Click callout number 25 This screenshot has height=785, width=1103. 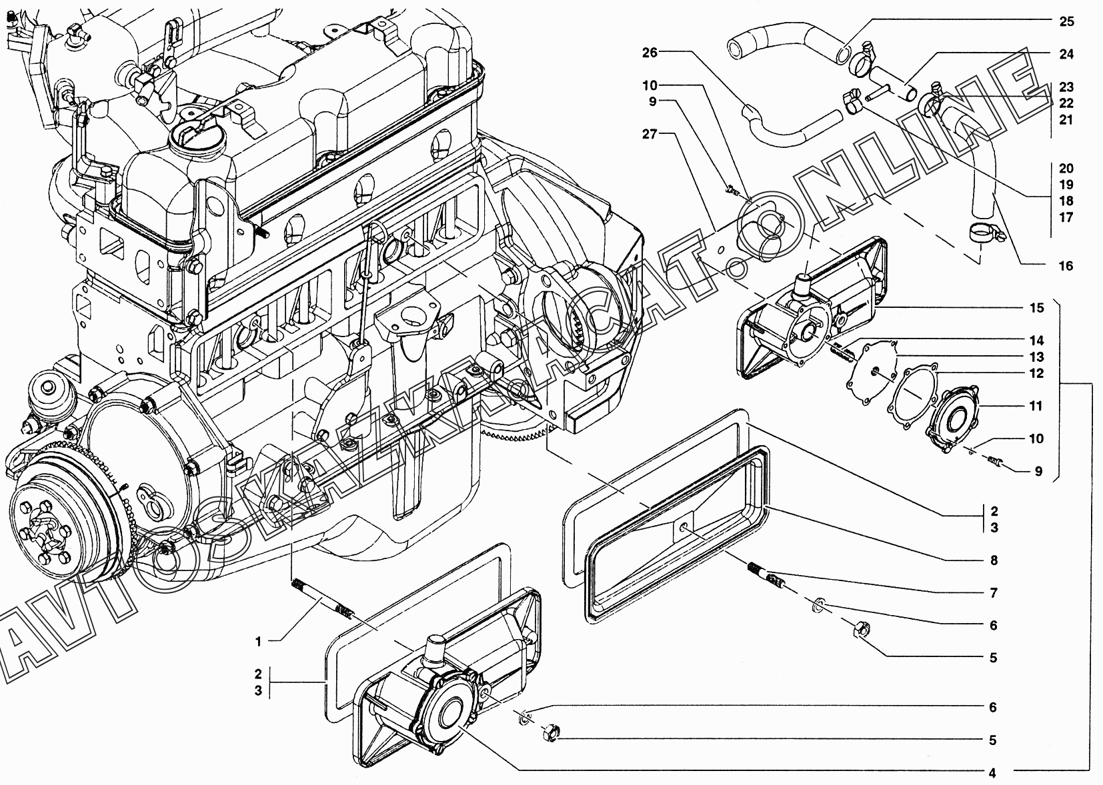(x=1066, y=21)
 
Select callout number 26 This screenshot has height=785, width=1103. (x=650, y=53)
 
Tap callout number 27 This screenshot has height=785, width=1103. (x=650, y=134)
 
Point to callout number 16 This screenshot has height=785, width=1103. (x=1066, y=267)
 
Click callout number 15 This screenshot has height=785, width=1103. (x=1036, y=308)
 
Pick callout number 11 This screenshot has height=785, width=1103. (x=1036, y=406)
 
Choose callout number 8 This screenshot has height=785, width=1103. (x=994, y=560)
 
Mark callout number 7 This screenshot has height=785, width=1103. (x=994, y=593)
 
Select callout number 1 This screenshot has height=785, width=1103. (x=258, y=642)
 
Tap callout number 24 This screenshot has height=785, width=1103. (x=1066, y=54)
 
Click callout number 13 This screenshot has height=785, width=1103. (x=1036, y=357)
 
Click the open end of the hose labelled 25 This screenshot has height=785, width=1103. (x=737, y=50)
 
